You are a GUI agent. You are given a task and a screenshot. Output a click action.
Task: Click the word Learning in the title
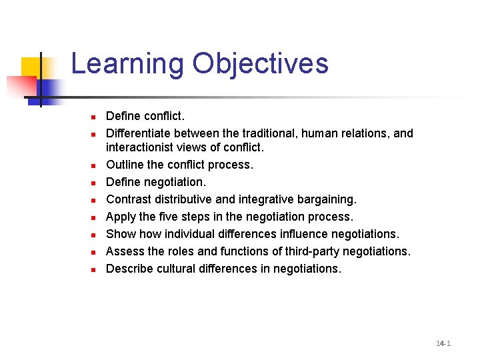tap(127, 65)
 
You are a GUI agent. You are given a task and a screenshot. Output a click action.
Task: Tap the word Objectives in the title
tap(261, 65)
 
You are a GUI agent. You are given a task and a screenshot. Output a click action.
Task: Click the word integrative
tap(265, 199)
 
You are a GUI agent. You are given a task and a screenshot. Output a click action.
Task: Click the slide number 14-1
tap(443, 343)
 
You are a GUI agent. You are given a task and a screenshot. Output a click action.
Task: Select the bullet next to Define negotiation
tap(95, 182)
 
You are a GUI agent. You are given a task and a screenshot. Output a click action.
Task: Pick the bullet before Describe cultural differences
tap(95, 269)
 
